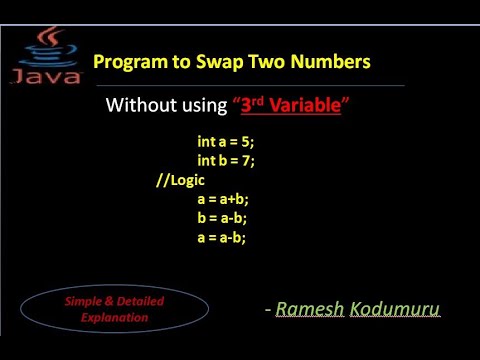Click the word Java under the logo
click(42, 76)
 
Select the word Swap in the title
click(219, 62)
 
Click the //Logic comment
click(179, 179)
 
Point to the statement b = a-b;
click(222, 218)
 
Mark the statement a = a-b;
click(222, 237)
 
